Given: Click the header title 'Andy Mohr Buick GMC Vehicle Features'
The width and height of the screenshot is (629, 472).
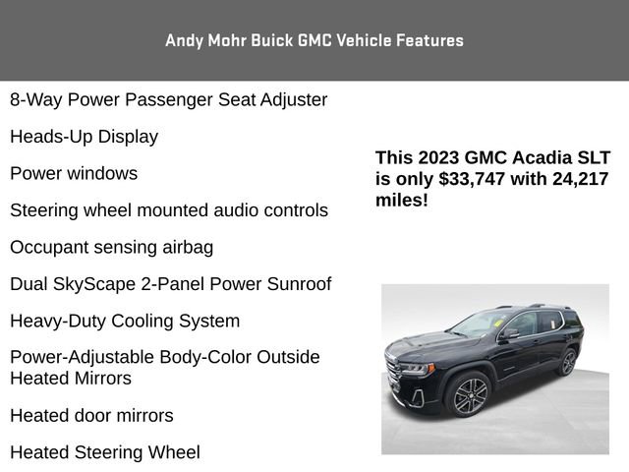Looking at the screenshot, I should pos(314,40).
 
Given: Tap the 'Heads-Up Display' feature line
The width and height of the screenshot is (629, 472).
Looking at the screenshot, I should pos(84,137).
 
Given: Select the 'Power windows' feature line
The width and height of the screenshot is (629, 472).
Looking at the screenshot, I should pos(74,174).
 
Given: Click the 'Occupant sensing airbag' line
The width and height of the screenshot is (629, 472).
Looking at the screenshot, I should pos(111,247).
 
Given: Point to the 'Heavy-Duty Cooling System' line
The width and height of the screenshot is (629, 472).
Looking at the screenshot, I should pos(125,322).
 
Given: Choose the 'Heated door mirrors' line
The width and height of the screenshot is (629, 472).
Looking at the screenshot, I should pos(91,416).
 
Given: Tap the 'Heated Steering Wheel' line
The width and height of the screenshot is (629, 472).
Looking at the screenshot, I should pos(104,452).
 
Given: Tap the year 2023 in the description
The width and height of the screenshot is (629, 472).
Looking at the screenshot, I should pos(435,157).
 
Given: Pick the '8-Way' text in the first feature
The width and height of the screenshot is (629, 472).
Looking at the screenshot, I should pos(33,99).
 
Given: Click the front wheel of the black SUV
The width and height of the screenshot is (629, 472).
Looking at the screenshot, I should pos(471,395).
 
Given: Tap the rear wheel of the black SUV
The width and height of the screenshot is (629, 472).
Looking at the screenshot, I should pos(567,361).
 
